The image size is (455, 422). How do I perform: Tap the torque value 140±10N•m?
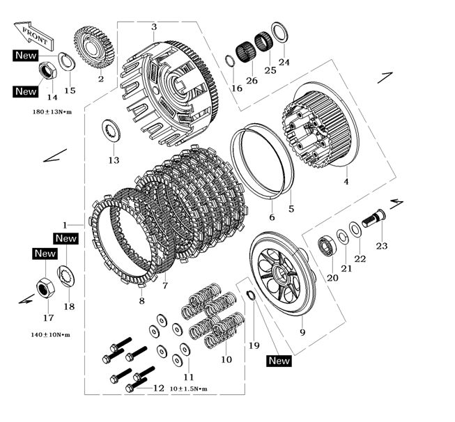pos(49,335)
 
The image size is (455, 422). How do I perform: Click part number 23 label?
pos(381,246)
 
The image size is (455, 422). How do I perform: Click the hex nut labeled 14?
pos(48,70)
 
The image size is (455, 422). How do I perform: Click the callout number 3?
pos(153,26)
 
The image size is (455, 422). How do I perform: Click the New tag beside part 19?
pos(279,361)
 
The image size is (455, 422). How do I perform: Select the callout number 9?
pos(302,333)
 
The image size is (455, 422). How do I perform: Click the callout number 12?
pos(158,388)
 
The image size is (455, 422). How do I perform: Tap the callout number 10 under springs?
pos(226,360)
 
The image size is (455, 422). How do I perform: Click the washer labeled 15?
pos(66,62)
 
